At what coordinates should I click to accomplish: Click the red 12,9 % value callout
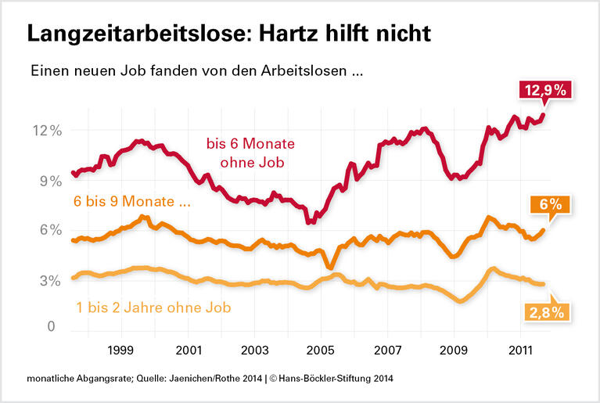click(x=547, y=91)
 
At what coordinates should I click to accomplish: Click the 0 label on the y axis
click(x=51, y=327)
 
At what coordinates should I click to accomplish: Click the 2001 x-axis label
click(x=189, y=347)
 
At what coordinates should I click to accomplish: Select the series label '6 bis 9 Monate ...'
click(x=132, y=202)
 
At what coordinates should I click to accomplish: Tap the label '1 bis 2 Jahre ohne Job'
click(x=153, y=307)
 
